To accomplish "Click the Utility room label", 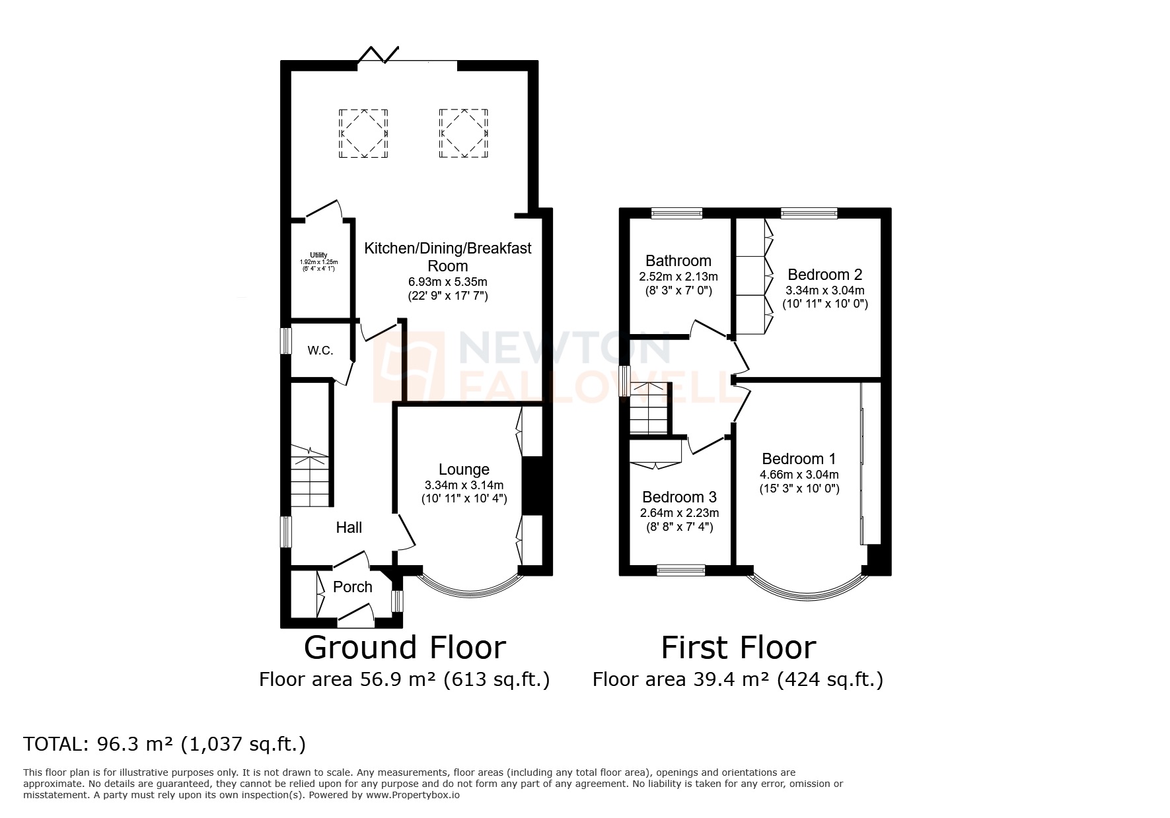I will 318,256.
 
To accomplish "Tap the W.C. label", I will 320,351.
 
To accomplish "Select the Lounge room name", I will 464,469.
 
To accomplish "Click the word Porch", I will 353,587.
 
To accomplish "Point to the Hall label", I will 349,528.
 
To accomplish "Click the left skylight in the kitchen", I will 363,134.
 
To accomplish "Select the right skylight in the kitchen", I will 464,134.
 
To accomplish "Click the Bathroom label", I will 678,261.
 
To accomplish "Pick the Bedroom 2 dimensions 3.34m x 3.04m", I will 824,290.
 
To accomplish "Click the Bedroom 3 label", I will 679,497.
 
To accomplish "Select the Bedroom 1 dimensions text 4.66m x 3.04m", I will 799,475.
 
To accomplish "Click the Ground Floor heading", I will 404,648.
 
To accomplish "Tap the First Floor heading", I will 738,648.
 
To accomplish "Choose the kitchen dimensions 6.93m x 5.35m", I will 448,282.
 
